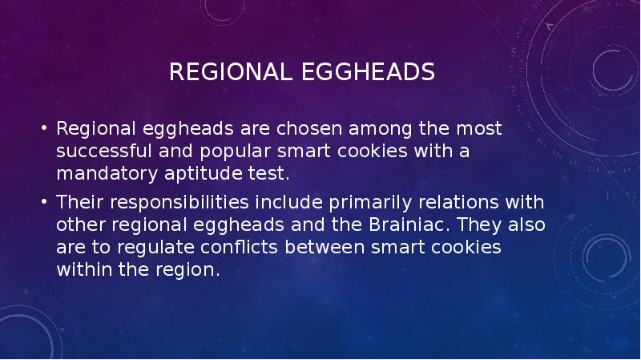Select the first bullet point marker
46,129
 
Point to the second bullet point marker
46,200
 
